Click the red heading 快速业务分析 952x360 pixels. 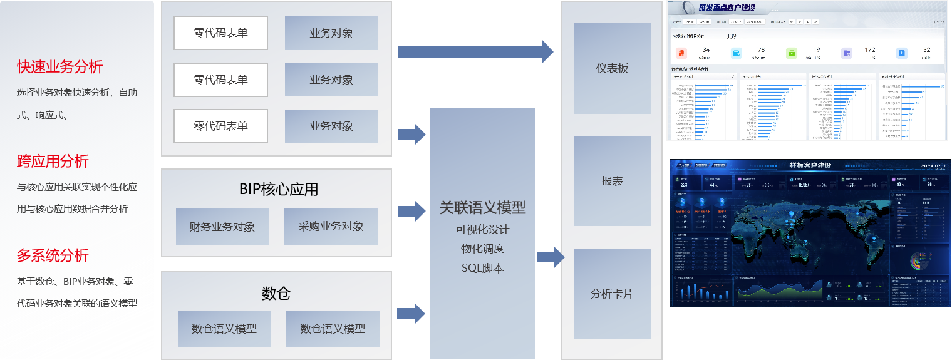point(60,66)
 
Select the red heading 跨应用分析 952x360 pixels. point(53,161)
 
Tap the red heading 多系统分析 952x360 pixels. point(53,255)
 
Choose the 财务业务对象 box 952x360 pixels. point(222,227)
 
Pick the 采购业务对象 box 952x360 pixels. point(331,226)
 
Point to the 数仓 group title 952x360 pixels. point(276,293)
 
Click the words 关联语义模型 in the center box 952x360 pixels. point(482,207)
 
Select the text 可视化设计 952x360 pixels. point(482,229)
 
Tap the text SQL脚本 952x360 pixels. point(482,268)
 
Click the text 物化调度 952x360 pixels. point(482,249)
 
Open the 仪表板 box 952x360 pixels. point(612,68)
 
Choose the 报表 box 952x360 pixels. point(612,181)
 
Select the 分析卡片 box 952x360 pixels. point(612,294)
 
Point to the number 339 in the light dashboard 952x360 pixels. point(731,36)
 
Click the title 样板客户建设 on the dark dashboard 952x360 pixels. point(810,165)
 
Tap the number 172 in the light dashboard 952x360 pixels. point(870,49)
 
